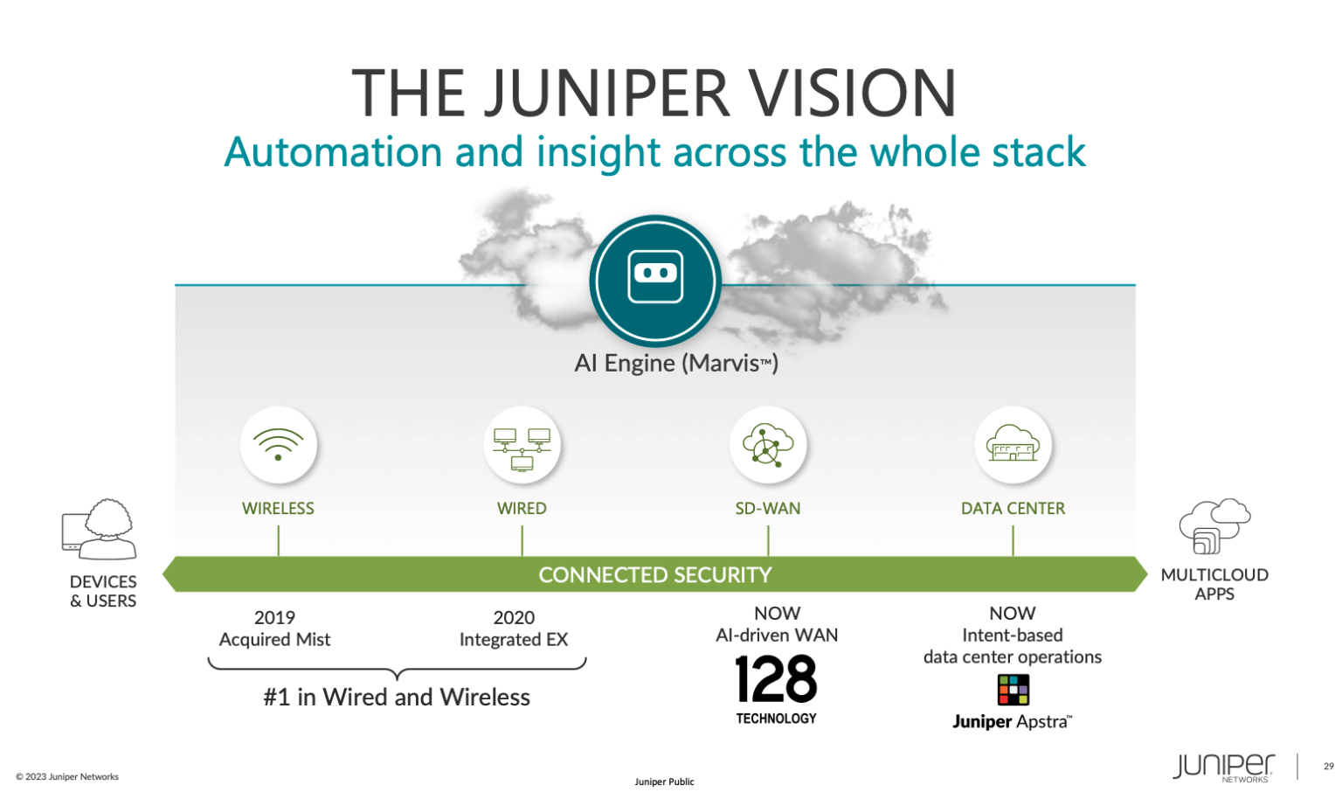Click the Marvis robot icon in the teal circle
click(655, 275)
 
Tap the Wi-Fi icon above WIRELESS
click(278, 444)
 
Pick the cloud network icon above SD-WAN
click(767, 444)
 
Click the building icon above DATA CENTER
click(1012, 444)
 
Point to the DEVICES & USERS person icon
click(100, 529)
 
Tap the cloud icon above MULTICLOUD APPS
click(1214, 525)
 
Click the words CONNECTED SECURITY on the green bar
click(655, 575)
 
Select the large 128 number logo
click(776, 679)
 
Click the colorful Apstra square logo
click(1013, 690)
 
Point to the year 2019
click(274, 617)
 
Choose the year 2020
click(514, 617)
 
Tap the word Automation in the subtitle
click(333, 152)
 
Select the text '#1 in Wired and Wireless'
click(397, 697)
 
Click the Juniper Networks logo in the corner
click(1223, 767)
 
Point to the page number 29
click(1328, 767)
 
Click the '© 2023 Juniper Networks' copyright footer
click(67, 776)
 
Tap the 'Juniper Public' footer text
click(664, 782)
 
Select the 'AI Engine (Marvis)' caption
click(675, 363)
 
